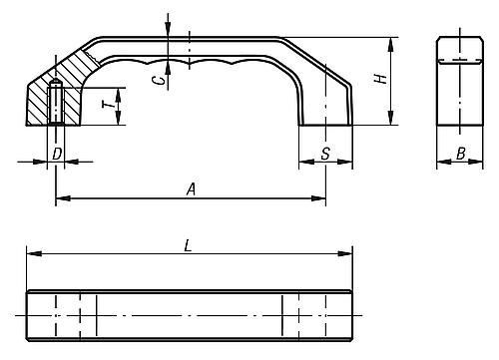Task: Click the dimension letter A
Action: point(191,189)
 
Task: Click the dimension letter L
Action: point(189,246)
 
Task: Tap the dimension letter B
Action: point(461,154)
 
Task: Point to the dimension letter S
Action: point(325,154)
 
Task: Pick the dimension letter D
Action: point(57,154)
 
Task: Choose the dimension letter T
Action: point(107,105)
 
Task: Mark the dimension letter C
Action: point(159,80)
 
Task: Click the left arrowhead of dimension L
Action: point(34,253)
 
